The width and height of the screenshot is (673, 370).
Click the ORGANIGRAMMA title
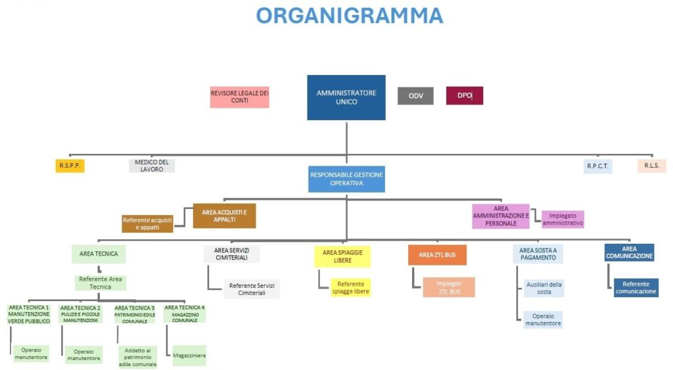tap(349, 15)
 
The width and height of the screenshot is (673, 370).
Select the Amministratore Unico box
tap(346, 97)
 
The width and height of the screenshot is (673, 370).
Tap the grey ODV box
tap(415, 96)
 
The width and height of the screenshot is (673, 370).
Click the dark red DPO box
tap(465, 96)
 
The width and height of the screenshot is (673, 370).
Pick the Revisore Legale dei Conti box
tap(239, 97)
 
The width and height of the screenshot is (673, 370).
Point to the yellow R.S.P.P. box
tap(70, 166)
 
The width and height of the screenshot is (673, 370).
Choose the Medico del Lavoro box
tap(152, 166)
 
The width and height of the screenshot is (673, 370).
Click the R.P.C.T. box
tap(597, 166)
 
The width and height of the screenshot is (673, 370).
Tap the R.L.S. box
tap(651, 166)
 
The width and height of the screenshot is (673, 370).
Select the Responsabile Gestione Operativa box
tap(346, 179)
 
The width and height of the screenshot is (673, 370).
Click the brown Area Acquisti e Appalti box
tap(224, 216)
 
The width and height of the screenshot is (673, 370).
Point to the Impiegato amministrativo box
tap(563, 220)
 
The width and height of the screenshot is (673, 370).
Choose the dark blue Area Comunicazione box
tap(629, 253)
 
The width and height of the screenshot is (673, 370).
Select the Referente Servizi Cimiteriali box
tap(251, 289)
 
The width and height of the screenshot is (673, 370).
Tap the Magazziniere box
tap(189, 356)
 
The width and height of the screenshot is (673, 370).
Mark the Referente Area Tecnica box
tap(100, 283)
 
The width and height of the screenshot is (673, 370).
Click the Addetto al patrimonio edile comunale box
tap(138, 356)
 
